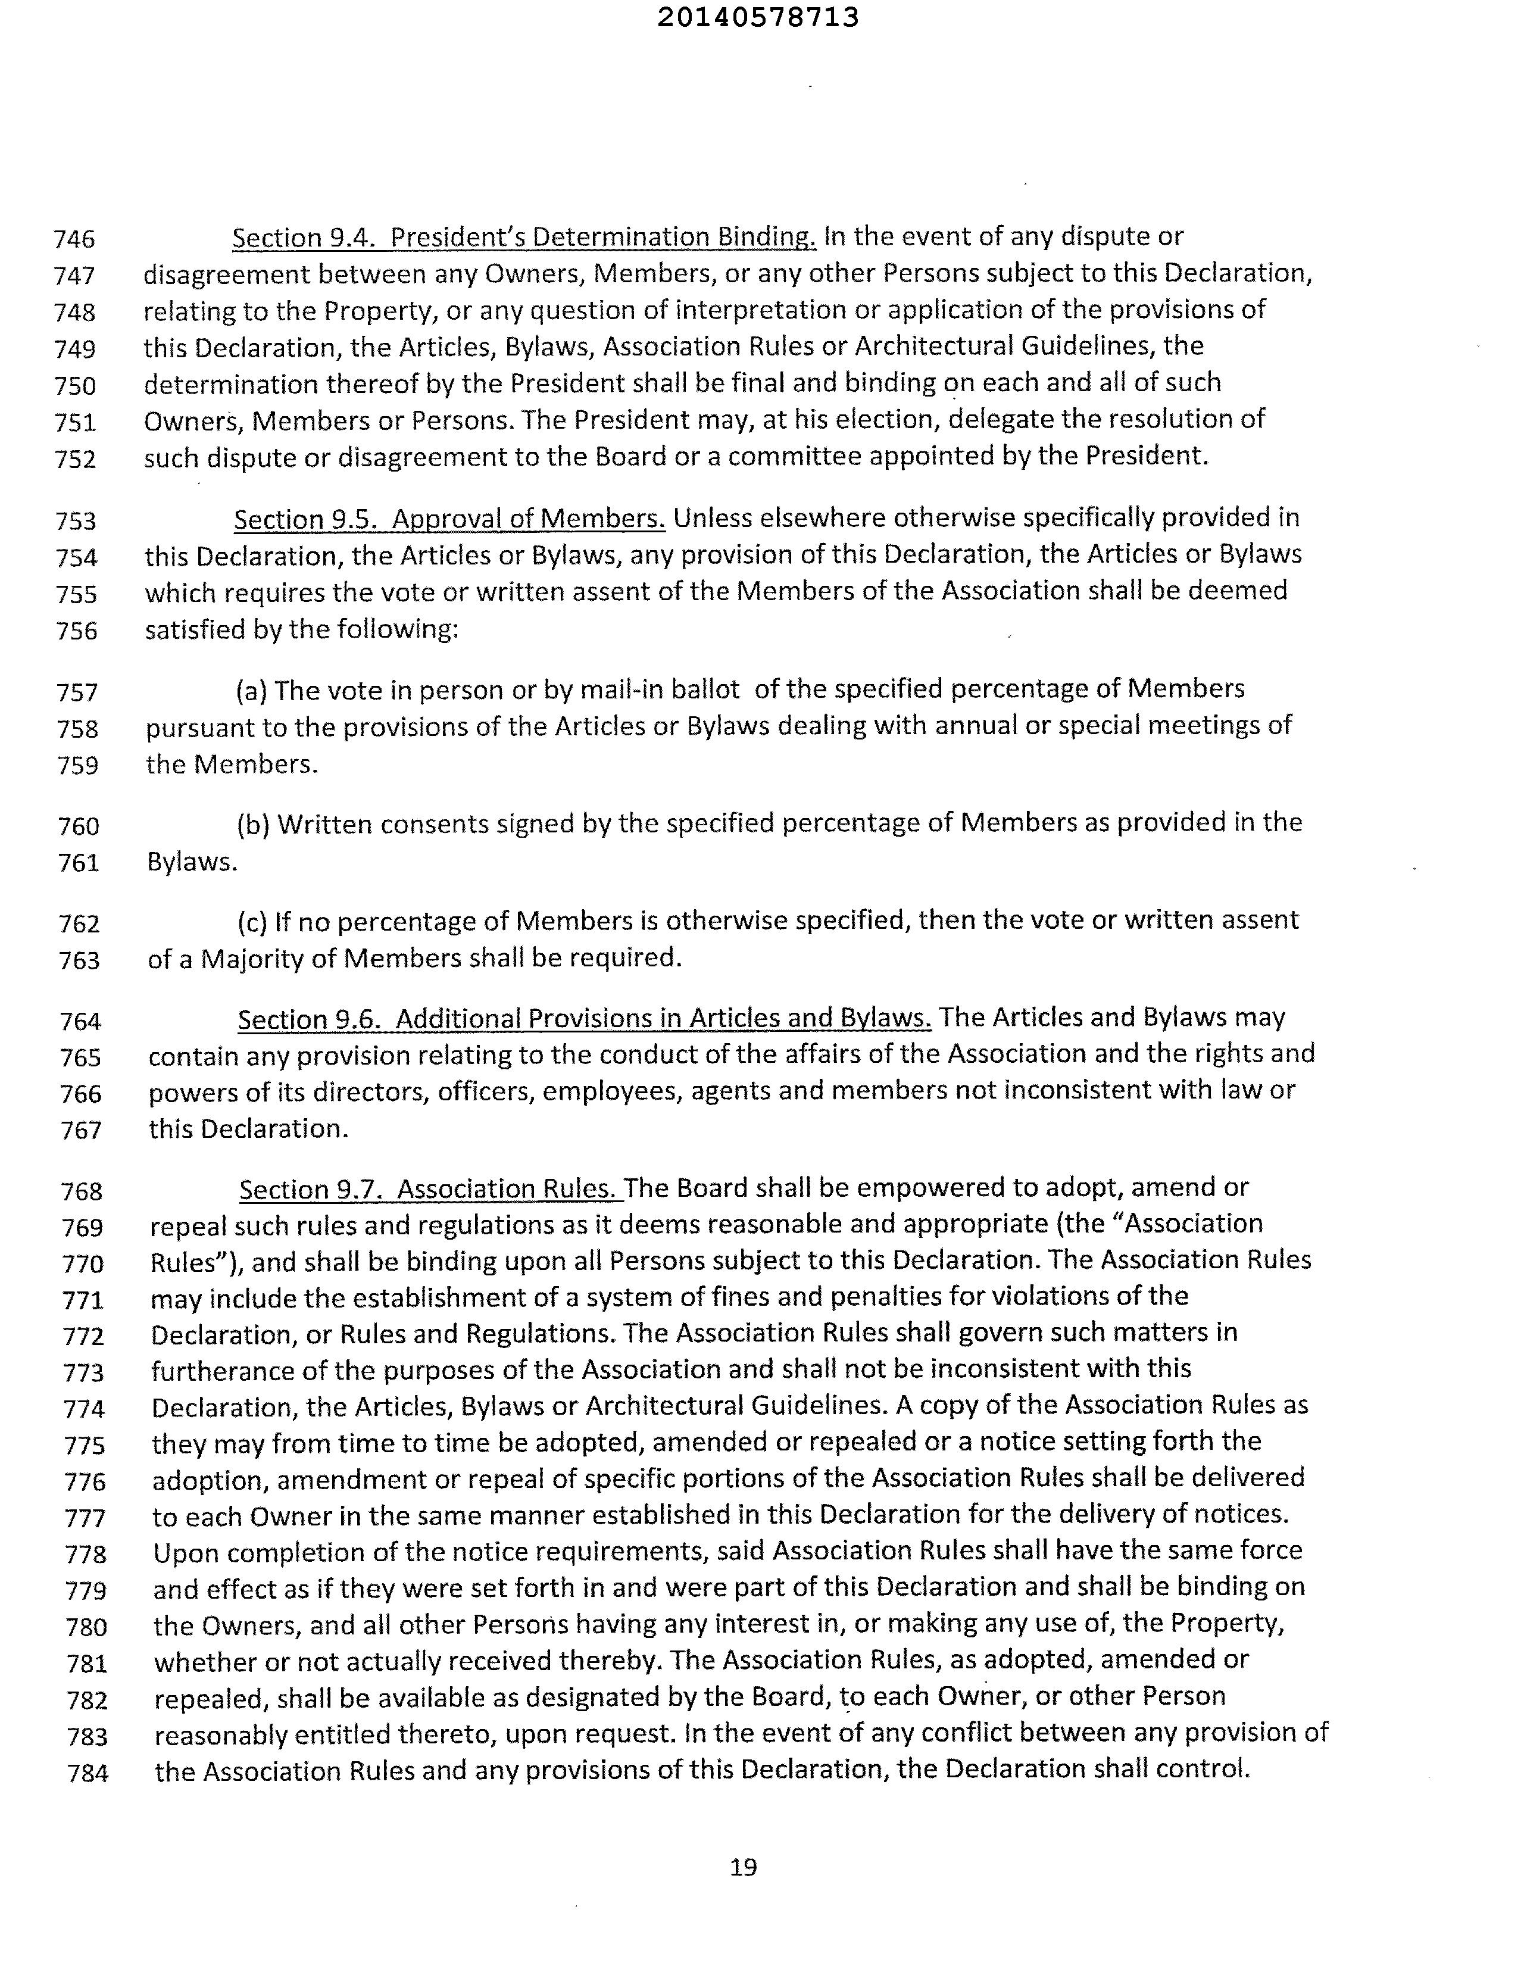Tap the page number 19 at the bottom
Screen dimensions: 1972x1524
click(743, 1867)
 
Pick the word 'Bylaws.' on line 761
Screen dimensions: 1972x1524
click(192, 862)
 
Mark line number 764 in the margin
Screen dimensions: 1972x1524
click(80, 1021)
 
